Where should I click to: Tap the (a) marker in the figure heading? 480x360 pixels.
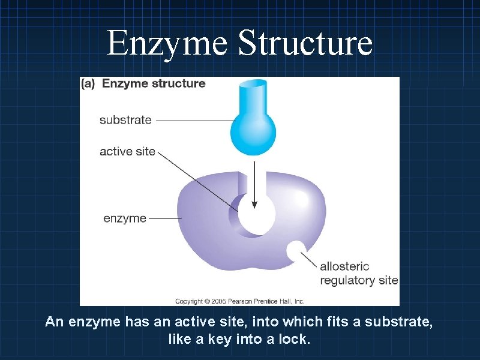point(89,83)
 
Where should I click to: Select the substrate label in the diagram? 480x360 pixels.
point(125,119)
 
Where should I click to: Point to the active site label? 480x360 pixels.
point(127,151)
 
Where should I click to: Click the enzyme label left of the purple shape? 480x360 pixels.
point(125,218)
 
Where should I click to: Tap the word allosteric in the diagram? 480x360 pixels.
point(344,266)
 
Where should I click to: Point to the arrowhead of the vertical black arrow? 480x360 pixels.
point(254,203)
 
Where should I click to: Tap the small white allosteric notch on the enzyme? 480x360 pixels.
point(296,251)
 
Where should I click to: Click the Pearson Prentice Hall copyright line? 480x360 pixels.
point(240,301)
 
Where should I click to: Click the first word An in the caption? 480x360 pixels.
point(54,322)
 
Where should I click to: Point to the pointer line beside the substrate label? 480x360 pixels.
point(192,120)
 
